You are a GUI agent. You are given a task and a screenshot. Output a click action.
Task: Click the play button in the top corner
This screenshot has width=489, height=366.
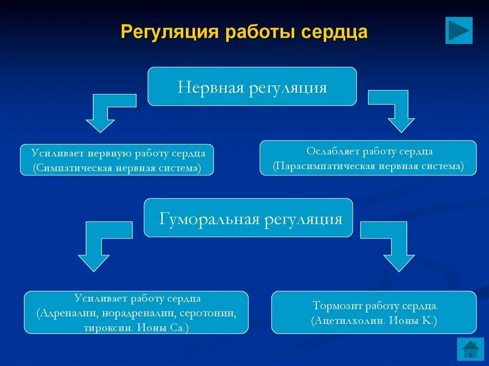point(458,31)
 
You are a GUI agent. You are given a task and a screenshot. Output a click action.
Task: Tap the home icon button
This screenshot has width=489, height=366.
point(470,349)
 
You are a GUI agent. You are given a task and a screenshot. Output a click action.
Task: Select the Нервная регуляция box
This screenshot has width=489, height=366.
point(252,86)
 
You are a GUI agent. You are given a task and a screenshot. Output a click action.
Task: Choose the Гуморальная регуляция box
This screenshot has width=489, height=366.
point(248,218)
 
